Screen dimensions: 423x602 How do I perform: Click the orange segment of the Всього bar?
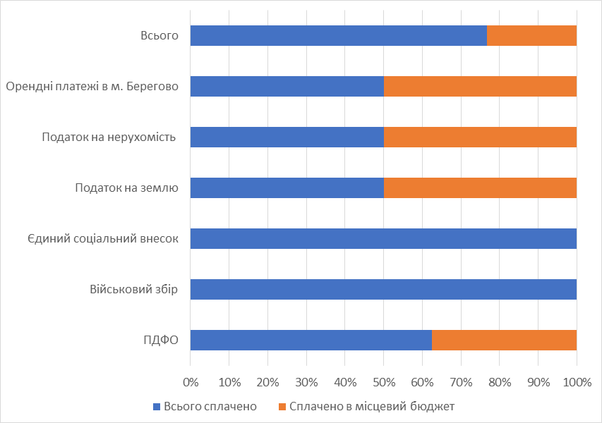[x=531, y=35]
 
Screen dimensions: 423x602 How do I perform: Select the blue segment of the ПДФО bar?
[x=311, y=340]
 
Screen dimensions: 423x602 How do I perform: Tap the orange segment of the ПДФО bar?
[x=504, y=340]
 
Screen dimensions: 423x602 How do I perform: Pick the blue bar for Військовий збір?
[x=383, y=289]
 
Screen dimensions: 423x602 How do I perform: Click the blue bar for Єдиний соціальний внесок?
[x=383, y=238]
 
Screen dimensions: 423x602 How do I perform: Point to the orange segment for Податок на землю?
[x=480, y=188]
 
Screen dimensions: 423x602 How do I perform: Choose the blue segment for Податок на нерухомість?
[x=287, y=137]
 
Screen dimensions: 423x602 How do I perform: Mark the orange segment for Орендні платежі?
[x=480, y=86]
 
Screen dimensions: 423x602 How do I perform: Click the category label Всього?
[x=159, y=35]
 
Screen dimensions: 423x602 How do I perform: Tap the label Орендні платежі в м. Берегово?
[x=92, y=86]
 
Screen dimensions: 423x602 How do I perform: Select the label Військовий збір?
[x=134, y=289]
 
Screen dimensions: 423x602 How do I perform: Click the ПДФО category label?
[x=159, y=340]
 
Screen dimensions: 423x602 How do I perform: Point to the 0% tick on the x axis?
[x=191, y=382]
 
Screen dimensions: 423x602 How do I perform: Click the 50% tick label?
[x=383, y=382]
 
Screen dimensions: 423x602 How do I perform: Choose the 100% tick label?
[x=577, y=382]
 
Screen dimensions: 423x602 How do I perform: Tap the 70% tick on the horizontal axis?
[x=461, y=382]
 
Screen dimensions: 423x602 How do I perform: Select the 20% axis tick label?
[x=267, y=382]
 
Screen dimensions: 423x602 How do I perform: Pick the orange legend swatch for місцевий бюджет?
[x=282, y=406]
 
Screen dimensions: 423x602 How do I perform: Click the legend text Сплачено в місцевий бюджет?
[x=371, y=406]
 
